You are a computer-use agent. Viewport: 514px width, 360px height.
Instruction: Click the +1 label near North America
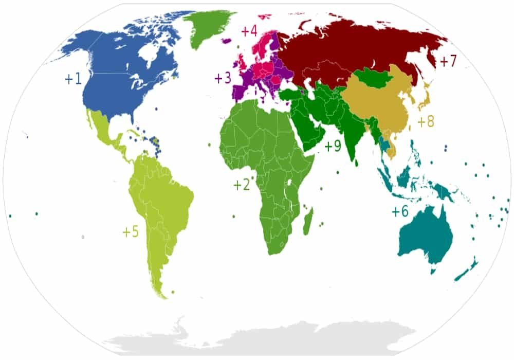(72, 79)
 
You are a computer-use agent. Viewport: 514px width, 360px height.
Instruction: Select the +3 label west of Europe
(223, 78)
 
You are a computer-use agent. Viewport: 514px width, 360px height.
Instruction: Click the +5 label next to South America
(131, 232)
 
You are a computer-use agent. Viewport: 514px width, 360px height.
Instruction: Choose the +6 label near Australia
(400, 212)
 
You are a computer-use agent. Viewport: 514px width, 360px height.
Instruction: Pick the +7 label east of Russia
(448, 61)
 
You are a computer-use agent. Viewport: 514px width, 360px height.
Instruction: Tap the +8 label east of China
(426, 122)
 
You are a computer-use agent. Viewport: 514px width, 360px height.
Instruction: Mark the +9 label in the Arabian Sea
(333, 146)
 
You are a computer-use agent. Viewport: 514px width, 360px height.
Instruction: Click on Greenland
(203, 26)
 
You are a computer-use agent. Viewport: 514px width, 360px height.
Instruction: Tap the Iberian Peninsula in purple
(240, 92)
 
